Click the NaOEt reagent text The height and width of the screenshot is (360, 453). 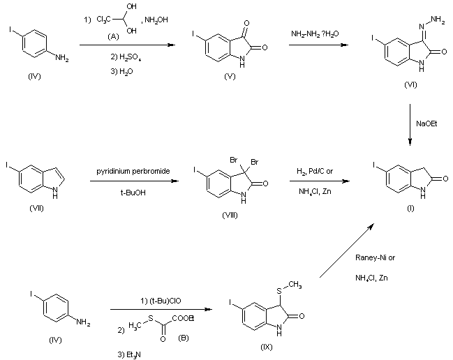point(426,123)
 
